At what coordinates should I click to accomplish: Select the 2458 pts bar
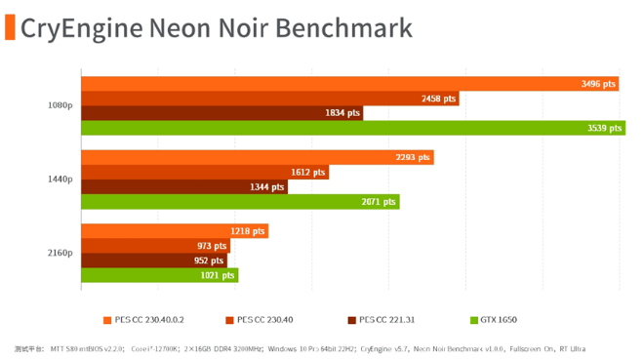point(269,99)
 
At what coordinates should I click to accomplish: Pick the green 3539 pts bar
point(352,128)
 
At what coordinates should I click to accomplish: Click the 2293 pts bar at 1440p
point(257,158)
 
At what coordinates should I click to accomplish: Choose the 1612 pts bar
point(204,173)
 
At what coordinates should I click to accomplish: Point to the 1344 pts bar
point(183,187)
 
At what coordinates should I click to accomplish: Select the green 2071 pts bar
point(239,202)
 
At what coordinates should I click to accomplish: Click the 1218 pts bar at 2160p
point(174,231)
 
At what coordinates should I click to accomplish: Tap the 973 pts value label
point(211,246)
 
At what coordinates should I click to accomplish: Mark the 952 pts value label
point(209,260)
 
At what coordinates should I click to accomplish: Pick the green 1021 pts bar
point(158,275)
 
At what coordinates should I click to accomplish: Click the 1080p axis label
point(60,105)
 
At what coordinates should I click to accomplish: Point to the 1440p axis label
point(60,180)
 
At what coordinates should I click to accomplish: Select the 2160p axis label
point(60,254)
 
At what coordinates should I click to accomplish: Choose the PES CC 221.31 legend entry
point(381,319)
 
